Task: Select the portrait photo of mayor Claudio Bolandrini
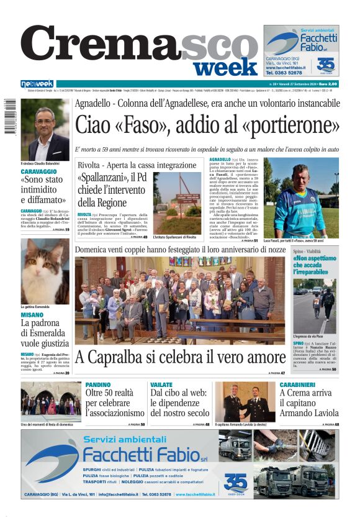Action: pyautogui.click(x=45, y=130)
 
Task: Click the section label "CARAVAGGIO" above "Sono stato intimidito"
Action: pyautogui.click(x=38, y=171)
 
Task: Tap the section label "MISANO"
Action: pyautogui.click(x=32, y=314)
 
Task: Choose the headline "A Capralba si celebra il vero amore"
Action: pyautogui.click(x=180, y=357)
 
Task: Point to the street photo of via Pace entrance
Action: pyautogui.click(x=315, y=306)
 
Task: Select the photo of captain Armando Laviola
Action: pyautogui.click(x=244, y=402)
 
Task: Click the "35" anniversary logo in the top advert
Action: pyautogui.click(x=325, y=65)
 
